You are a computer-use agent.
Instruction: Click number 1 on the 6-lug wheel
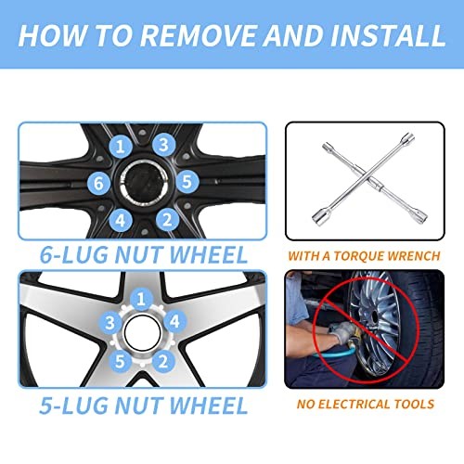[x=121, y=146]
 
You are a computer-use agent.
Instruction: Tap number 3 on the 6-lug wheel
[x=164, y=145]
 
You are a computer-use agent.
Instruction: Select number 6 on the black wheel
[x=98, y=183]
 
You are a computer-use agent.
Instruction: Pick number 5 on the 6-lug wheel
[x=187, y=181]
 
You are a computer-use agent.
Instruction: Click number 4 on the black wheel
[x=121, y=220]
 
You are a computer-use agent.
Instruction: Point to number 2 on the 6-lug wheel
[x=167, y=220]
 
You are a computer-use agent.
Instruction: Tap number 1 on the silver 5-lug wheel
[x=141, y=299]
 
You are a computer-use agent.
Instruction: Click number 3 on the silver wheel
[x=110, y=323]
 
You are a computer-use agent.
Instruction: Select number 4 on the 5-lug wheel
[x=174, y=321]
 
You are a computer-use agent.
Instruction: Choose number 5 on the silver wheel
[x=120, y=361]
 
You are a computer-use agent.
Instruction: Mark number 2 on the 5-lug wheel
[x=163, y=361]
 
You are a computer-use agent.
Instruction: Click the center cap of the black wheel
[x=144, y=182]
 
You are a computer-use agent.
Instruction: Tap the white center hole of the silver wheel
[x=143, y=332]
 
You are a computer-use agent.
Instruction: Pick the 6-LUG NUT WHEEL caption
[x=144, y=255]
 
